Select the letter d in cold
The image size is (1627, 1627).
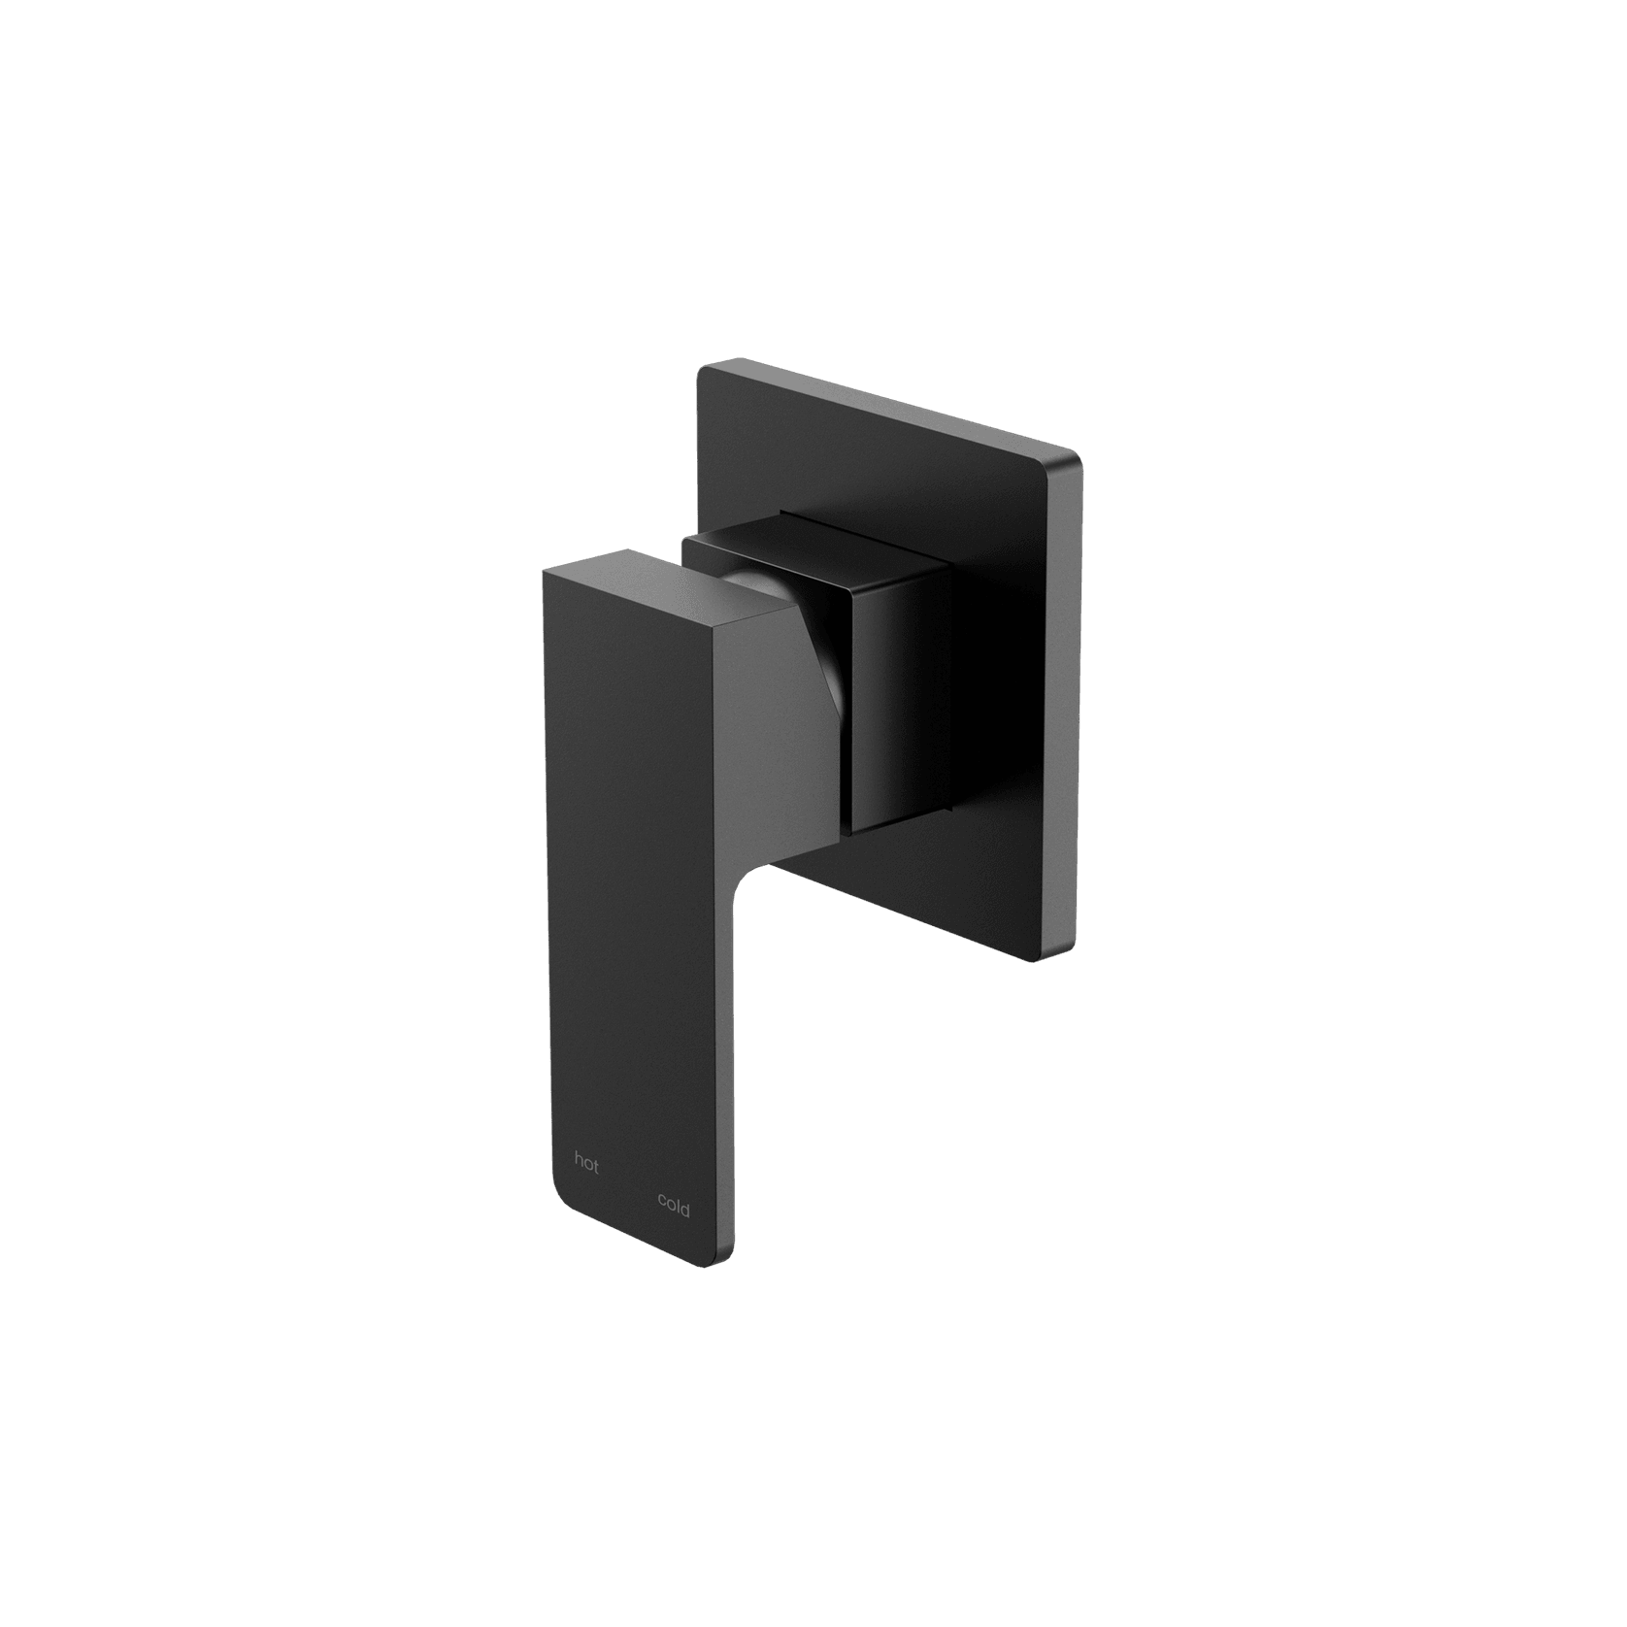pos(686,1209)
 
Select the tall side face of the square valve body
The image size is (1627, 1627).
pos(903,699)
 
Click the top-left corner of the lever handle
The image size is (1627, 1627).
pos(543,573)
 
